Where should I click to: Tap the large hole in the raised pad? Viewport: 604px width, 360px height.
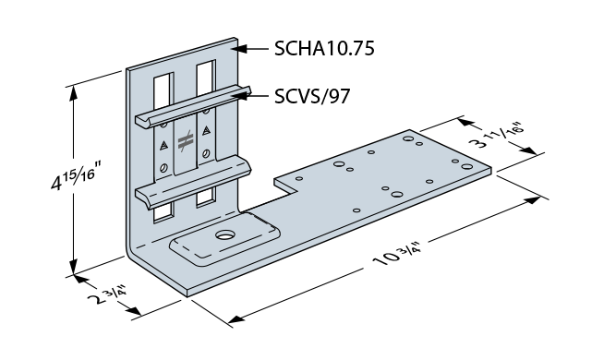coord(225,236)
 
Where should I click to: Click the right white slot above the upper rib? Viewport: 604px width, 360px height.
coord(205,80)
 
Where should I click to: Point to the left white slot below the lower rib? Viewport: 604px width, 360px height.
coord(163,210)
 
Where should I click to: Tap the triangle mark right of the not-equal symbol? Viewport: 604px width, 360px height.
coord(207,132)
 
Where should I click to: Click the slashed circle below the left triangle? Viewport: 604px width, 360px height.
coord(163,167)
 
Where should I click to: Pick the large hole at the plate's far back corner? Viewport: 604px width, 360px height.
coord(407,138)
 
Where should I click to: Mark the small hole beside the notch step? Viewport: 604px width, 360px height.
coord(297,179)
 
